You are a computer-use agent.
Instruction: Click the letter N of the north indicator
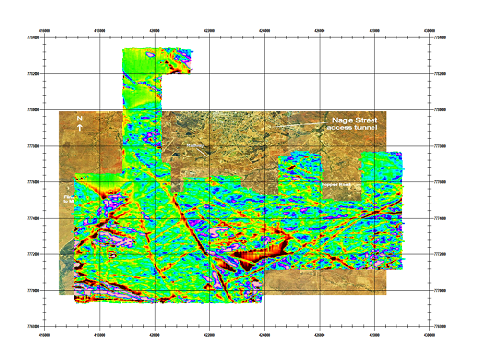tap(80, 118)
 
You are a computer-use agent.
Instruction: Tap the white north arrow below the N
tap(80, 127)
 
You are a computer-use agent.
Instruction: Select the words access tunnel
tap(352, 127)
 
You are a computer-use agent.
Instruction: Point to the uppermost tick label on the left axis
tap(34, 37)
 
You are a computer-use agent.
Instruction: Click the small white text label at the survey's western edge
tap(68, 198)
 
